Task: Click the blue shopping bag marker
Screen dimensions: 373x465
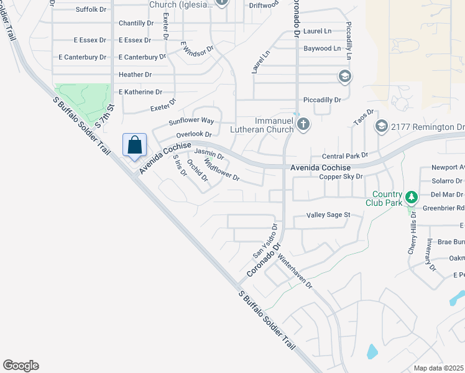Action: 135,146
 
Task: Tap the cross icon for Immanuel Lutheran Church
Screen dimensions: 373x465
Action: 303,124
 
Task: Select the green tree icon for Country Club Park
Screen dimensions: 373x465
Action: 410,197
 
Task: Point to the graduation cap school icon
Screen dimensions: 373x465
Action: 344,76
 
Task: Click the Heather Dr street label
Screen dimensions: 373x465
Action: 135,75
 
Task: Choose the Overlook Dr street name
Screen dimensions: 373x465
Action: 194,134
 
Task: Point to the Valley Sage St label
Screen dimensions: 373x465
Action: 329,215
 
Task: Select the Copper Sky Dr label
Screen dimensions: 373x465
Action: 341,177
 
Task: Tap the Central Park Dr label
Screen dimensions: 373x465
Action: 345,155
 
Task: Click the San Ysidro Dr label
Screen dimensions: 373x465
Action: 264,241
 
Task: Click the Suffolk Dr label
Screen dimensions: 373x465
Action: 91,9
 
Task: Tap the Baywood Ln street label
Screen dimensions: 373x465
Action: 322,48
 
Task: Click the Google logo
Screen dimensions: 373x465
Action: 21,366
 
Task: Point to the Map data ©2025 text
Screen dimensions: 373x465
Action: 439,368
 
